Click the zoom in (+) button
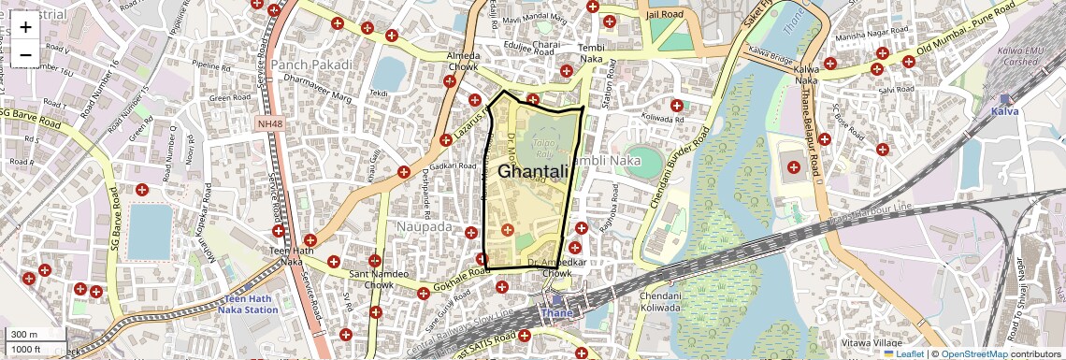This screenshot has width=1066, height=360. tap(25, 26)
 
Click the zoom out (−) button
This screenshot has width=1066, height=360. tap(25, 54)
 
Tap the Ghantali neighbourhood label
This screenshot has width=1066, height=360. tap(533, 172)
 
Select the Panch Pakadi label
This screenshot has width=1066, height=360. tap(312, 65)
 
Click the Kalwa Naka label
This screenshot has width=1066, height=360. tap(806, 76)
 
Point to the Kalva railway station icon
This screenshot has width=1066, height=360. tap(1005, 99)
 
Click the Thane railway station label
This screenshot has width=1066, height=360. tap(557, 313)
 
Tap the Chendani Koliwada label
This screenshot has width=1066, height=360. tap(660, 301)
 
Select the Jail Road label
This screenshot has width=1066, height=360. tap(666, 14)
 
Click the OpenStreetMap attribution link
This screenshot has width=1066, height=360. tap(974, 353)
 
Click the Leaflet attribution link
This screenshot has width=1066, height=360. tap(903, 353)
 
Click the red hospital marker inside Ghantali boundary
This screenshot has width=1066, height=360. tap(508, 229)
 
